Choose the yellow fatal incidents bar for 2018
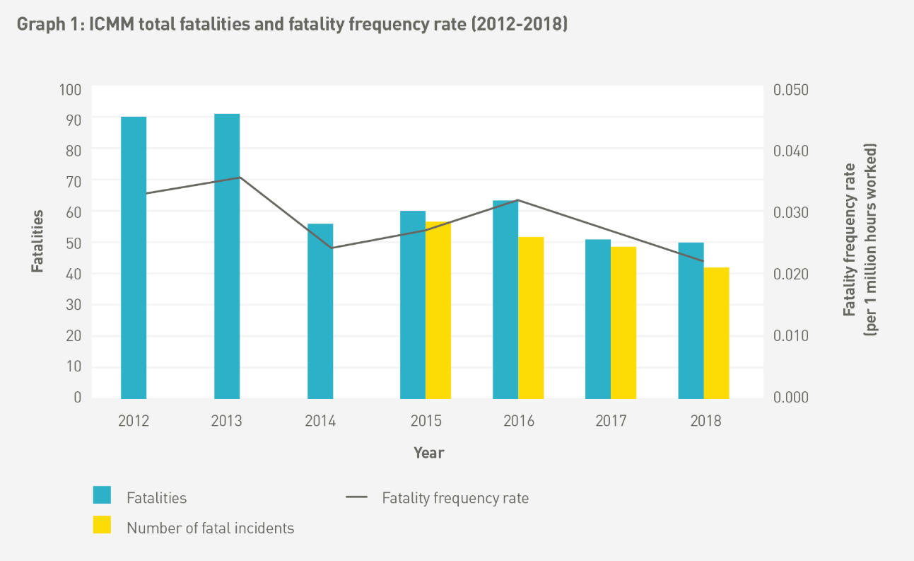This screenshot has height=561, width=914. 716,332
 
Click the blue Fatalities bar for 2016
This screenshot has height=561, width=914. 505,299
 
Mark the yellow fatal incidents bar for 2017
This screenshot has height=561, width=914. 623,321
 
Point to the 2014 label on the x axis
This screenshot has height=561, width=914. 320,421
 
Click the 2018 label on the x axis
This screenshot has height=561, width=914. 706,421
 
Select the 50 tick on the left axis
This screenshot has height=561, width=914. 74,243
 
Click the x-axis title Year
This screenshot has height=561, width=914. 429,452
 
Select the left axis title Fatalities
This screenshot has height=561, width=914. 37,241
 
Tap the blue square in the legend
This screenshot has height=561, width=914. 102,495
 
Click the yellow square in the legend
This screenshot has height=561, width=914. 102,524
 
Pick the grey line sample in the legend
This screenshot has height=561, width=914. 357,497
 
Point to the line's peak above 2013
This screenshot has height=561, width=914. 240,177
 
